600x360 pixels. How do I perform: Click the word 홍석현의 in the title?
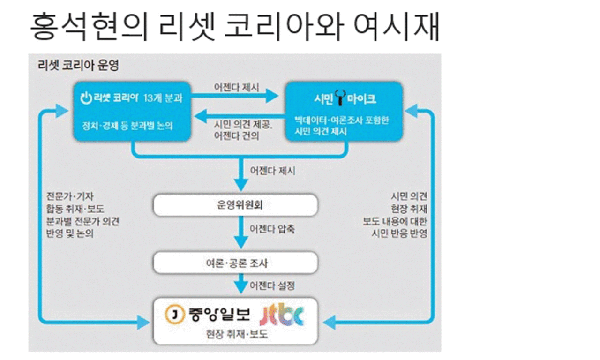click(x=89, y=27)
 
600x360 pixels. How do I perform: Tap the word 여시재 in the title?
click(x=397, y=27)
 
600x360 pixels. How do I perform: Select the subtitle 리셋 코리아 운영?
click(x=78, y=65)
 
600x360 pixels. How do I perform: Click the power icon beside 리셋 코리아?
click(x=86, y=98)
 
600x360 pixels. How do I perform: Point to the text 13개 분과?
click(x=163, y=98)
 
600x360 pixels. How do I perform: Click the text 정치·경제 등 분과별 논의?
click(x=127, y=126)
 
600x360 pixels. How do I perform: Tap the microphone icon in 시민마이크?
click(x=340, y=98)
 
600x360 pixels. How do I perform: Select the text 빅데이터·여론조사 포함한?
click(x=342, y=120)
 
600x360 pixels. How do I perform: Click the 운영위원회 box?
click(x=236, y=205)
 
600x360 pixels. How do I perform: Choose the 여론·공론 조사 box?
click(x=236, y=263)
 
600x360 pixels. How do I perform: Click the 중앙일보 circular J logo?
click(x=175, y=314)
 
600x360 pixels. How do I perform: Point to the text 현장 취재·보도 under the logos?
click(x=237, y=334)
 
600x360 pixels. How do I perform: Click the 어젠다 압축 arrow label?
click(x=272, y=229)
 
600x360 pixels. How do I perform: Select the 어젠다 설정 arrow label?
click(x=272, y=286)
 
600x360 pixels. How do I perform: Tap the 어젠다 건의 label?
click(x=237, y=136)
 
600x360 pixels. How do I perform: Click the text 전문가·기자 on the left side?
click(x=70, y=196)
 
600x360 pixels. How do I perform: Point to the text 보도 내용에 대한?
click(x=395, y=221)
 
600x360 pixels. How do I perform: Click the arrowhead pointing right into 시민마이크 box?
click(x=272, y=96)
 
